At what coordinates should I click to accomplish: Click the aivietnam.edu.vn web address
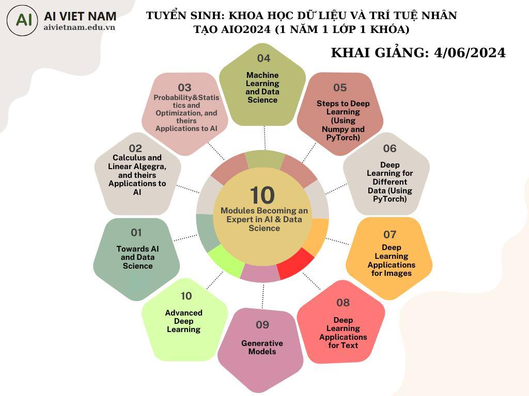(x=80, y=27)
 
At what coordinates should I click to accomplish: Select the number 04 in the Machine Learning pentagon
(x=263, y=58)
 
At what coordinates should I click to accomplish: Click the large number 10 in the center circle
(x=262, y=195)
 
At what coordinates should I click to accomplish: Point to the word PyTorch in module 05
(x=343, y=138)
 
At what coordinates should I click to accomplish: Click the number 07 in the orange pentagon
(x=390, y=235)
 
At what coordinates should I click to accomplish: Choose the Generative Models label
(x=262, y=347)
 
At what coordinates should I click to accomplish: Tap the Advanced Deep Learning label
(x=184, y=321)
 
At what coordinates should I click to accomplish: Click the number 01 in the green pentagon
(x=136, y=233)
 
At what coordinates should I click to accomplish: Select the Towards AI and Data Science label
(x=137, y=257)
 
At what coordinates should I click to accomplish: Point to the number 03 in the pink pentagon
(x=184, y=88)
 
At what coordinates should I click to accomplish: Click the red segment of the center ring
(x=295, y=265)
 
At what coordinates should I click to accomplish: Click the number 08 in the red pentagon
(x=343, y=302)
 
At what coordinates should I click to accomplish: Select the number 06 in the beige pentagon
(x=390, y=148)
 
